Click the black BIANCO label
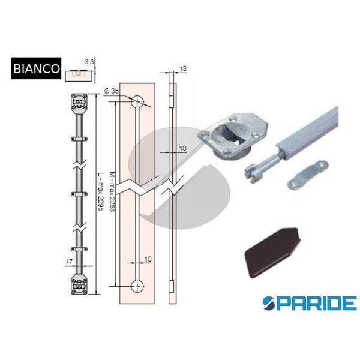(36, 68)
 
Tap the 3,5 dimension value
(89, 62)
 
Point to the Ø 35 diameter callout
(112, 91)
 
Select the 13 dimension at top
(183, 68)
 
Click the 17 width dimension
(69, 261)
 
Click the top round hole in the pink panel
(137, 101)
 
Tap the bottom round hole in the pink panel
(137, 286)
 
